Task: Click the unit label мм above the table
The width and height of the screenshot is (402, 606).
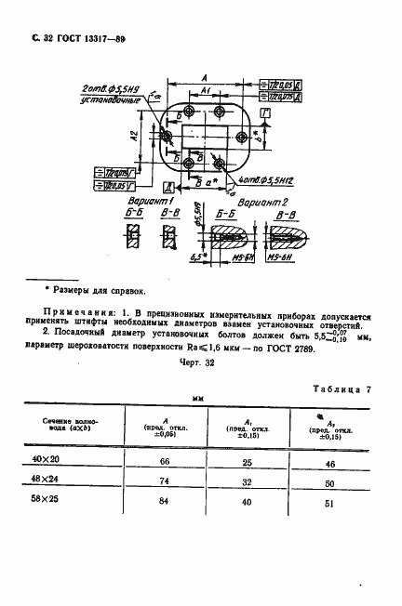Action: click(x=197, y=400)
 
